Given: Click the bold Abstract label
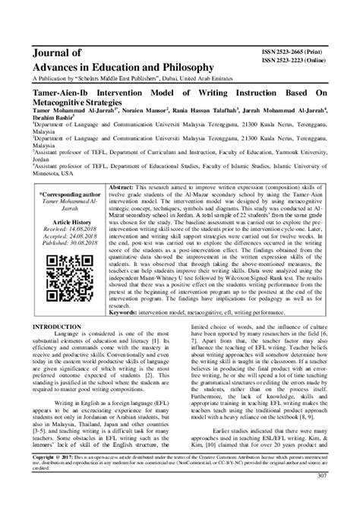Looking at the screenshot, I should pos(124,185).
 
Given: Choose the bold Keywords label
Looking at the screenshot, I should pos(131,334).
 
